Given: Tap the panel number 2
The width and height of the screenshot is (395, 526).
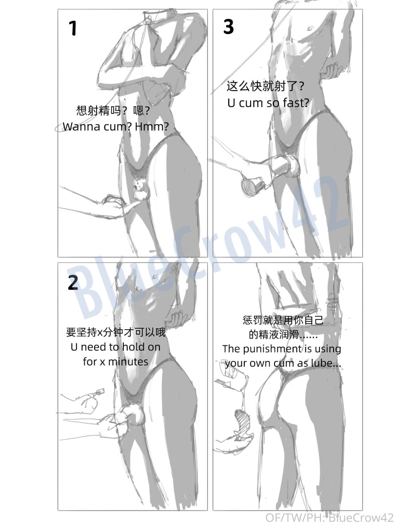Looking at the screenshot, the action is point(73,283).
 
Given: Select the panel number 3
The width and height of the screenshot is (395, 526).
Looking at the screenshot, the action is point(228,26).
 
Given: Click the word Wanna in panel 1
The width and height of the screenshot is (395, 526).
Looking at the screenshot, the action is point(81,127).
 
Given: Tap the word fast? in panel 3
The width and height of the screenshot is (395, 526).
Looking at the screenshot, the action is point(296,103).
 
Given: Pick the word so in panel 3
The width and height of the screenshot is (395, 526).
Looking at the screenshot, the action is point(273,103).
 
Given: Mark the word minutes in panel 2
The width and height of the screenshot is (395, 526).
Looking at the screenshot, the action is point(128,361).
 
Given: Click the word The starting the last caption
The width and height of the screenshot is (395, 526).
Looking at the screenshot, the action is point(231,349).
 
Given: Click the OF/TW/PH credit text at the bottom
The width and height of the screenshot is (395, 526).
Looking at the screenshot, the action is point(329,517).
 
